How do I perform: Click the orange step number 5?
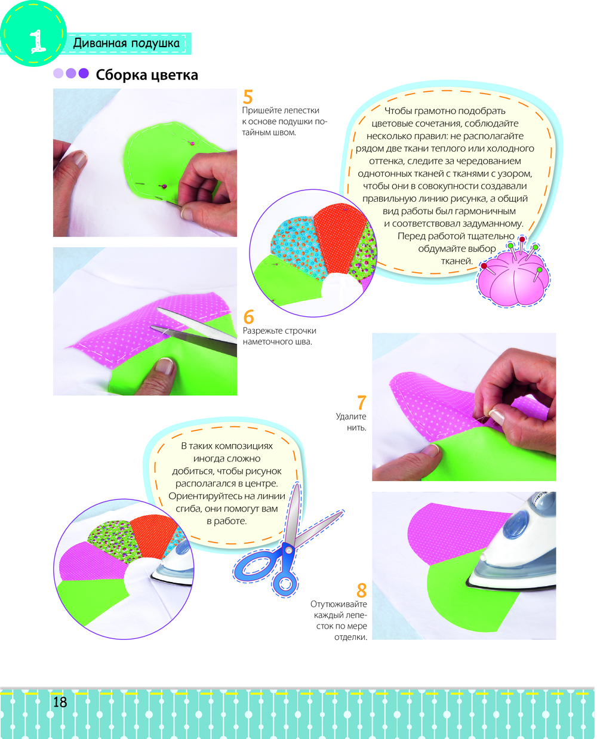coord(248,97)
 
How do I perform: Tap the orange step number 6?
coord(249,317)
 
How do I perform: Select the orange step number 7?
coord(362,402)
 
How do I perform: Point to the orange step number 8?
coord(362,590)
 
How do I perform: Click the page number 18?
coord(60,702)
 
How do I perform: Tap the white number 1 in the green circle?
coord(37,41)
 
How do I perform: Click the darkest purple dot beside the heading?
coord(84,73)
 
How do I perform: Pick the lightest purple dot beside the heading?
coord(59,73)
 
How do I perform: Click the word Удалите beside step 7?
coord(350,416)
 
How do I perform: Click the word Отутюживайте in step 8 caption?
coord(338,604)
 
